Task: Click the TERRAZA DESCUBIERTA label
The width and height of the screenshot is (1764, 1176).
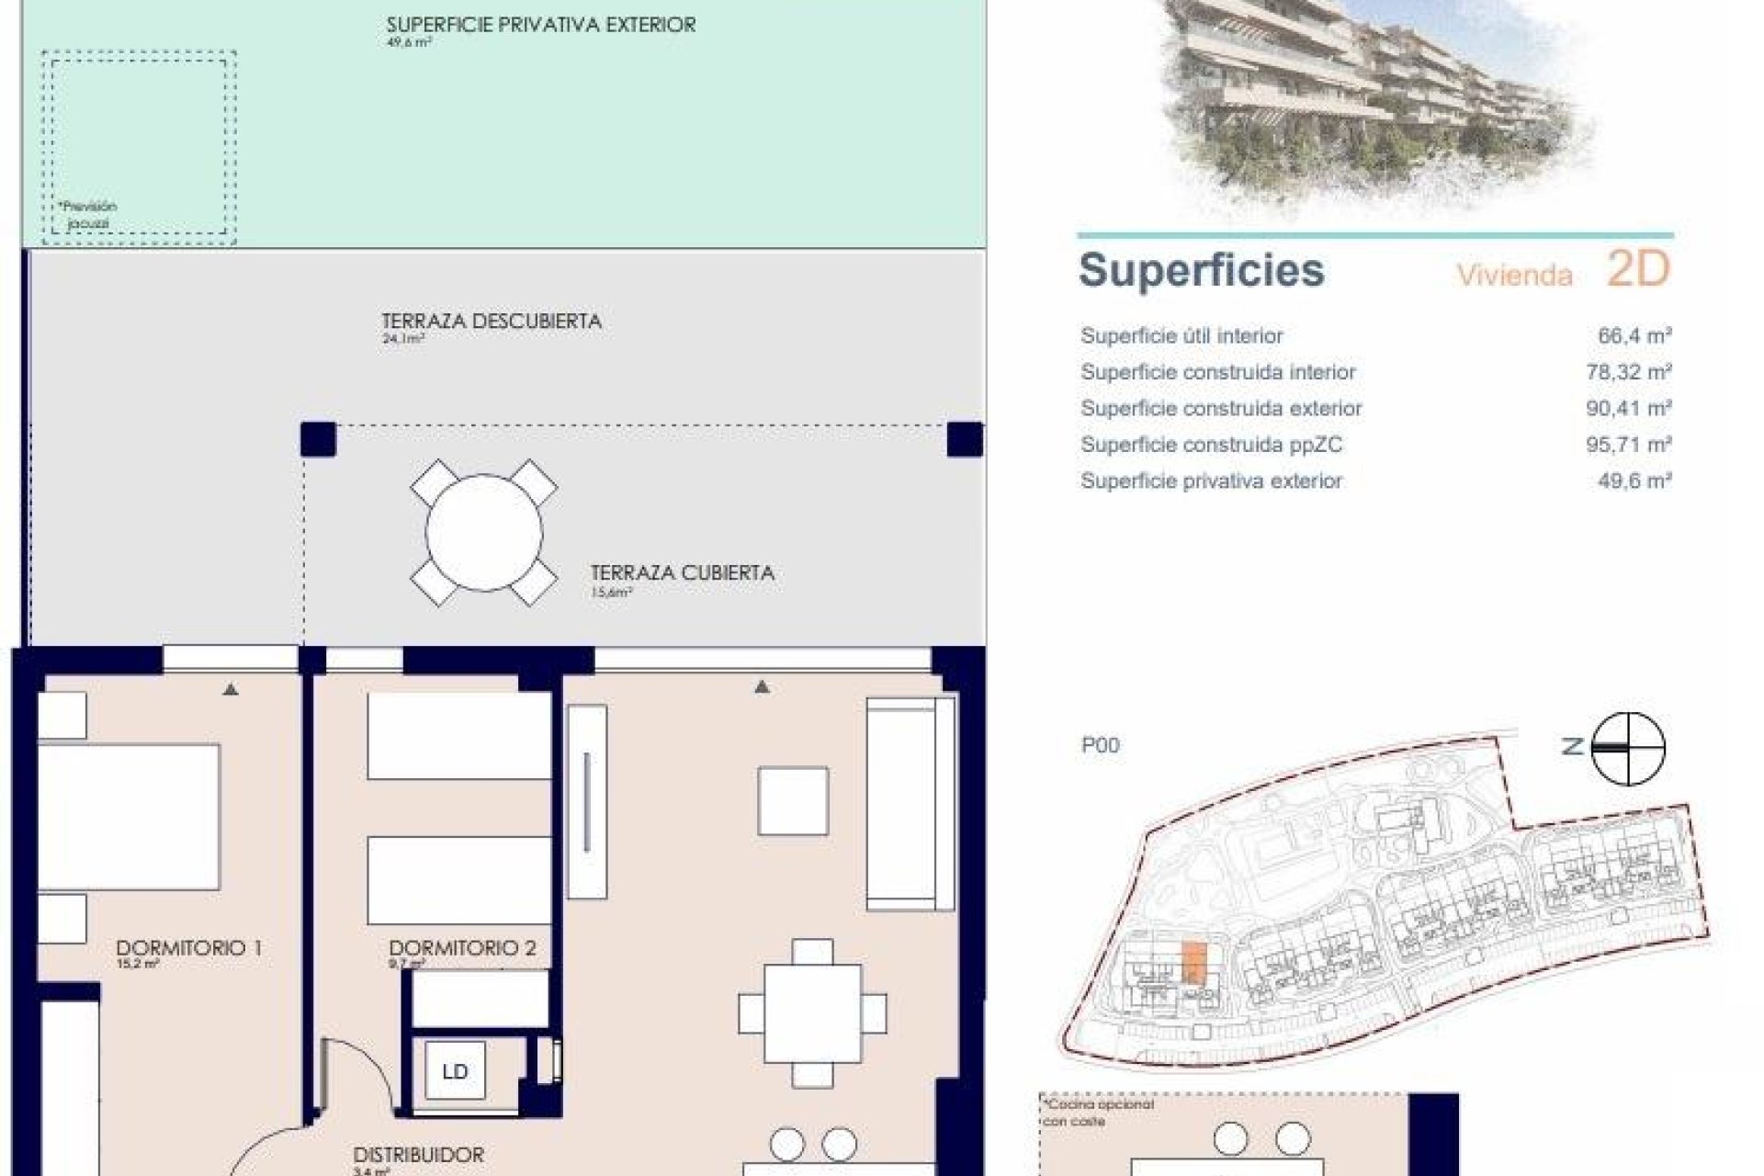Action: pos(492,322)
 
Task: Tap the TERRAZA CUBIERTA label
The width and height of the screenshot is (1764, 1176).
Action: pos(682,573)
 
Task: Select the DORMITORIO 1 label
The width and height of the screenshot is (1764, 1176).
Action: pos(188,948)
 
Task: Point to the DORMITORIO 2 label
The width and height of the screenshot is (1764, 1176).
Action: pos(462,948)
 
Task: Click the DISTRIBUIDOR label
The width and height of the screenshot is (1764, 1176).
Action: pos(418,1155)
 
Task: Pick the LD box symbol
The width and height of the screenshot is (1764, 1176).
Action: pos(455,1071)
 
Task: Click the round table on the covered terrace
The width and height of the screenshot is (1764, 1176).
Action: pos(483,533)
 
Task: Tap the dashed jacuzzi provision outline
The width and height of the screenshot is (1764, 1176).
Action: pos(139,147)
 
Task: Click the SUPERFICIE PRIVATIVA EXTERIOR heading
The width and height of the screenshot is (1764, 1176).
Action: pos(540,25)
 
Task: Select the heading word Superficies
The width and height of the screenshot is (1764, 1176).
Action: pos(1201,270)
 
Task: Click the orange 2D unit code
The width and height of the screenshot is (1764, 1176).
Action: pos(1637,268)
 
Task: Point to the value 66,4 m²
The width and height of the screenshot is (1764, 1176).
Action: pos(1634,336)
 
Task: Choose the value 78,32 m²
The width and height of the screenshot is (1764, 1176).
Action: pos(1628,372)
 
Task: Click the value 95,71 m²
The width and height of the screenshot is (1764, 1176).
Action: pos(1628,445)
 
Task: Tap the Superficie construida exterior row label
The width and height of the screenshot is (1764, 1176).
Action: pos(1221,409)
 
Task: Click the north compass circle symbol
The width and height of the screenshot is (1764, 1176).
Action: pos(1627,748)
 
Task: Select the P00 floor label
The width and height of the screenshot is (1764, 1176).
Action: pos(1100,745)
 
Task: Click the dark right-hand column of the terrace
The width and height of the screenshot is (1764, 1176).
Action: pos(965,440)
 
